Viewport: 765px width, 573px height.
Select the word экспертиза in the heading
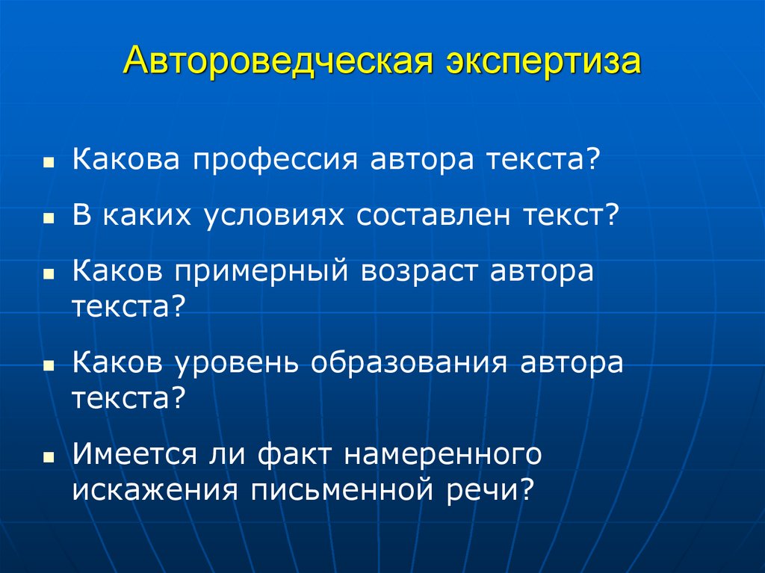[542, 62]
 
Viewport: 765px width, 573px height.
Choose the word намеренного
[448, 455]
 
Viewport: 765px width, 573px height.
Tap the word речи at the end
[500, 491]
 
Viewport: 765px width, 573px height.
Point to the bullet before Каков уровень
[47, 366]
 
